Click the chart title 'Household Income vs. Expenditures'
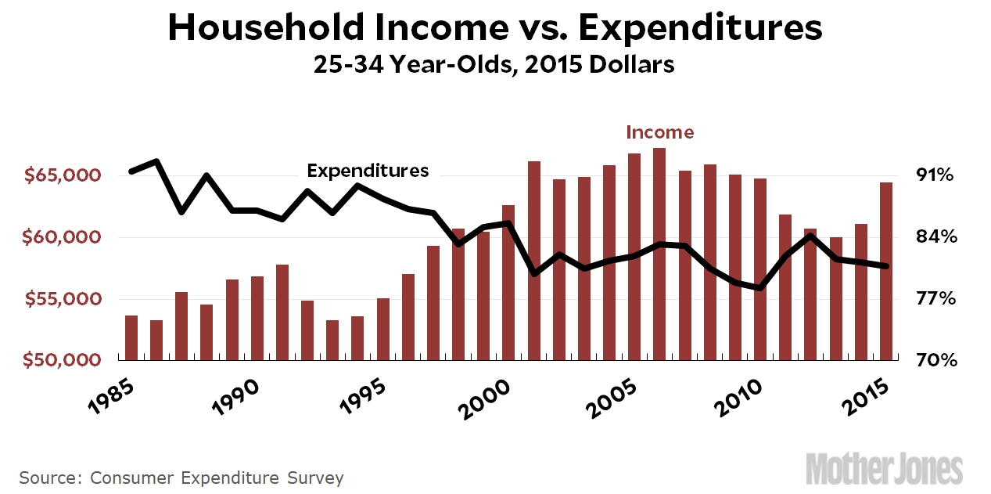494,28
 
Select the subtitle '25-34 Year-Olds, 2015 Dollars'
494,64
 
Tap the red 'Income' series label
659,132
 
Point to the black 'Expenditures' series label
368,171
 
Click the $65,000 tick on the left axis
63,175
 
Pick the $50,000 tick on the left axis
63,361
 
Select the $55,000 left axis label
63,299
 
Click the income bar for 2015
886,271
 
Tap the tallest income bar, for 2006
659,254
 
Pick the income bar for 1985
131,337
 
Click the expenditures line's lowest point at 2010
759,288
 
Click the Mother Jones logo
884,468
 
